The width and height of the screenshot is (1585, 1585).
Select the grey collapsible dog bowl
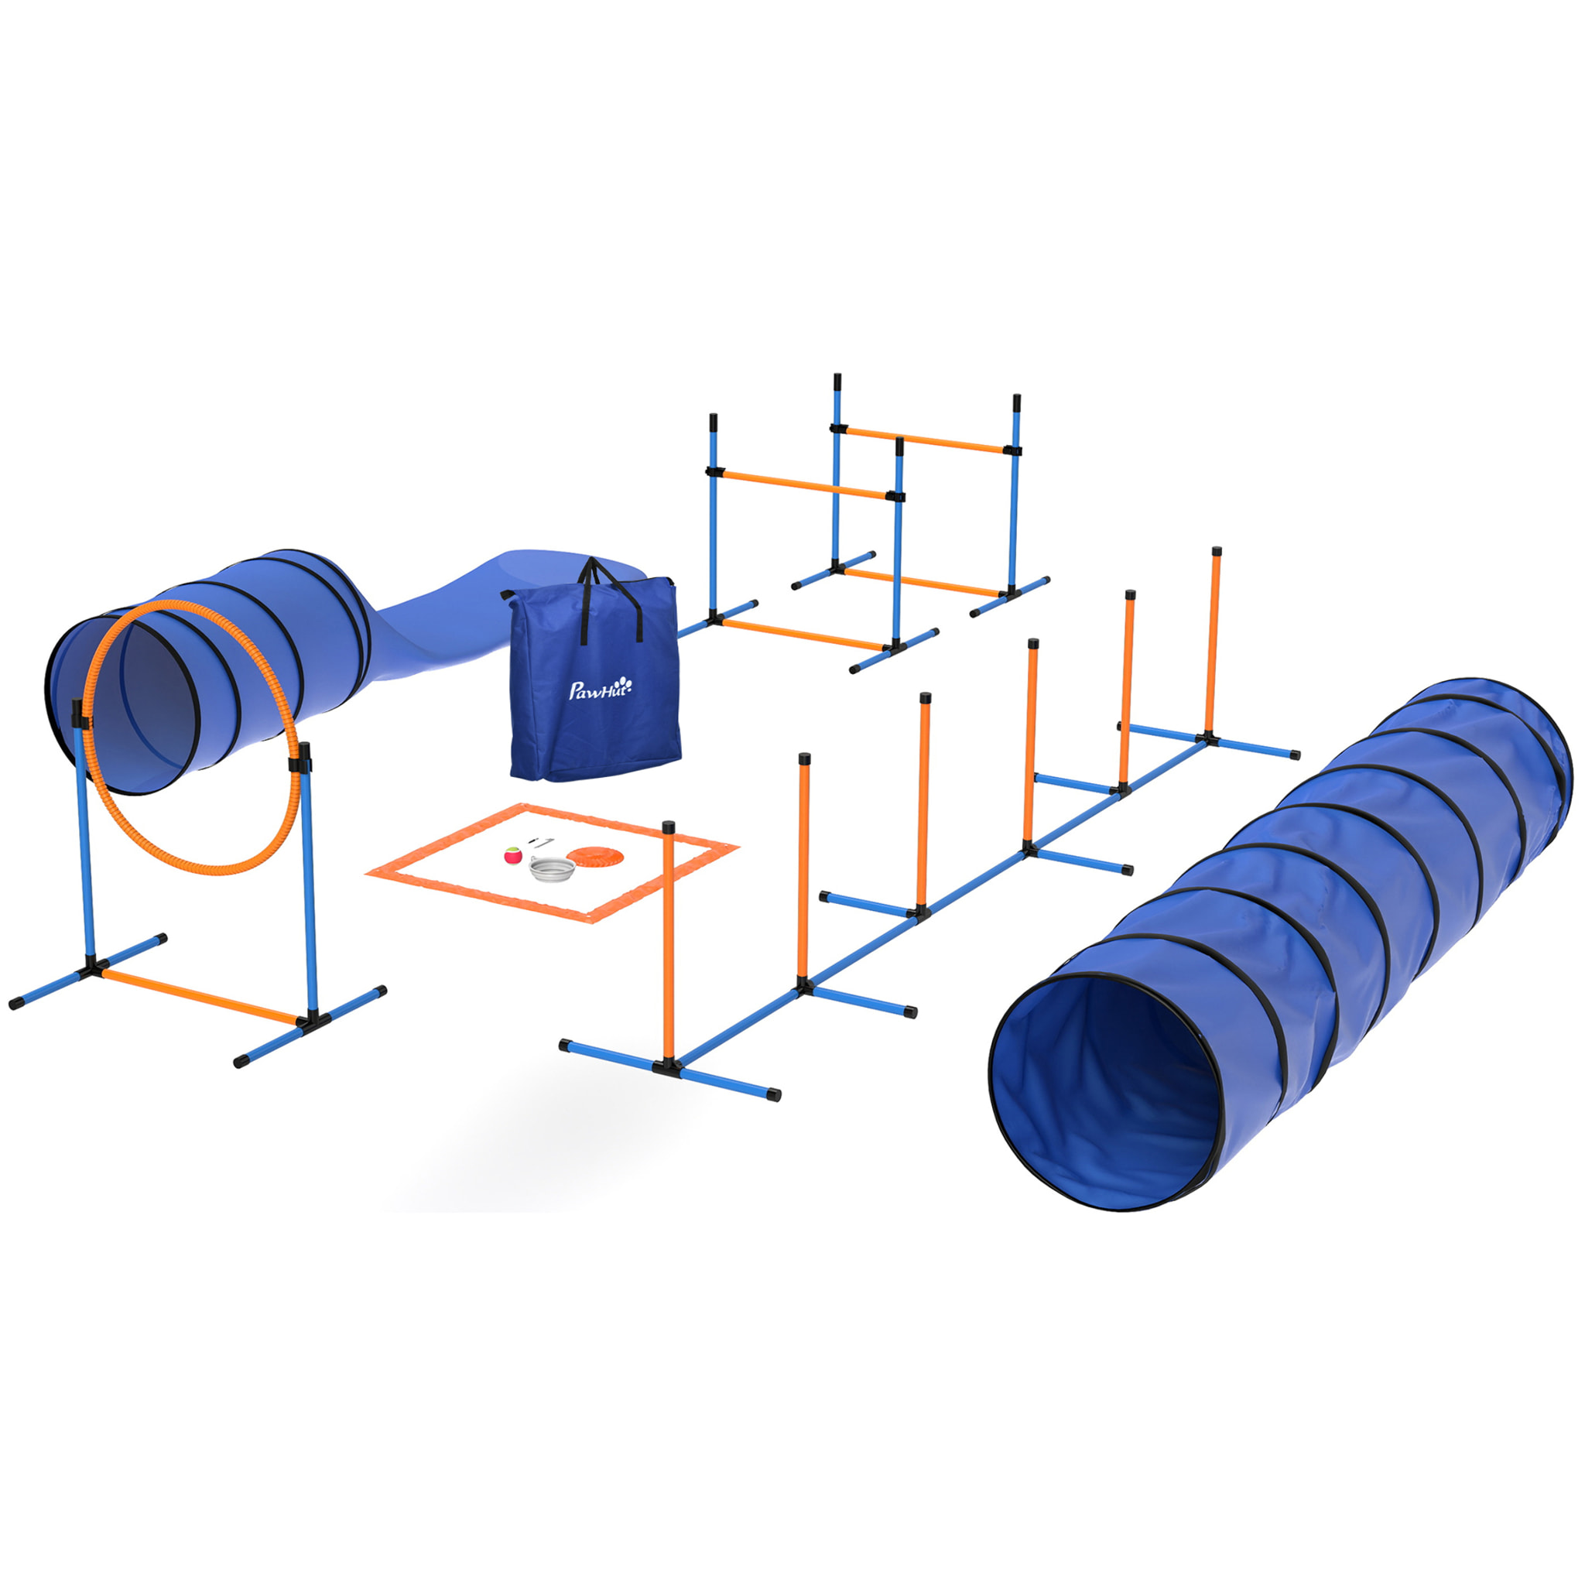tap(549, 867)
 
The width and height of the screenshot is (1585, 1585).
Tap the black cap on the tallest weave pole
tap(1217, 551)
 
